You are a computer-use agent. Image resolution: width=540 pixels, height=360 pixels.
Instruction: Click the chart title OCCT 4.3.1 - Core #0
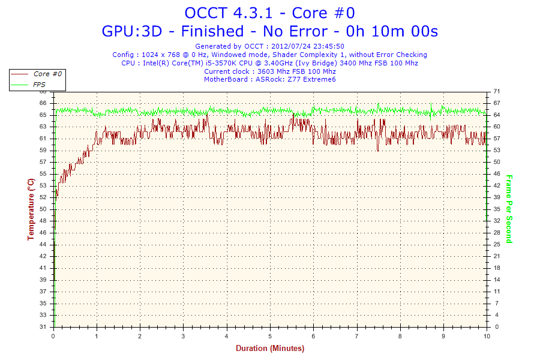click(269, 13)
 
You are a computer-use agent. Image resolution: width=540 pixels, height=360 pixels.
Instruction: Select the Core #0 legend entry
click(47, 74)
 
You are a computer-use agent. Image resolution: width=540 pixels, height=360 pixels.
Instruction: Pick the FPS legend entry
click(39, 85)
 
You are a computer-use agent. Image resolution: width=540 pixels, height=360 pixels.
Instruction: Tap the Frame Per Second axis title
click(509, 209)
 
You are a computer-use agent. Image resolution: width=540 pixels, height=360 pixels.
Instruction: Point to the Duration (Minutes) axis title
click(270, 349)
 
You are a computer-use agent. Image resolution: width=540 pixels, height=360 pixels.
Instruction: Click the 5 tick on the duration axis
click(270, 336)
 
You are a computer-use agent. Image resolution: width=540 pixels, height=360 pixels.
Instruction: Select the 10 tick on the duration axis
click(486, 336)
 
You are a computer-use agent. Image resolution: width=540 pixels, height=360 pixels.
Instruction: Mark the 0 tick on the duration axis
click(54, 336)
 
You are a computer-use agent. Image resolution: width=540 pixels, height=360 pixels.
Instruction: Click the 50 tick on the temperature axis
click(43, 209)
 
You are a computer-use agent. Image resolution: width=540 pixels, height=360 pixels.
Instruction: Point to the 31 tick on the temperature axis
click(43, 327)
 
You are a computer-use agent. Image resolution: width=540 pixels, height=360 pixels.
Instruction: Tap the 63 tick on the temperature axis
click(43, 127)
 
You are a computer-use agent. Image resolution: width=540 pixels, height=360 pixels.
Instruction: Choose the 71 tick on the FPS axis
click(496, 91)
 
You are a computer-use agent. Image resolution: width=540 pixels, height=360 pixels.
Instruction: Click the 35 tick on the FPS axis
click(496, 209)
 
